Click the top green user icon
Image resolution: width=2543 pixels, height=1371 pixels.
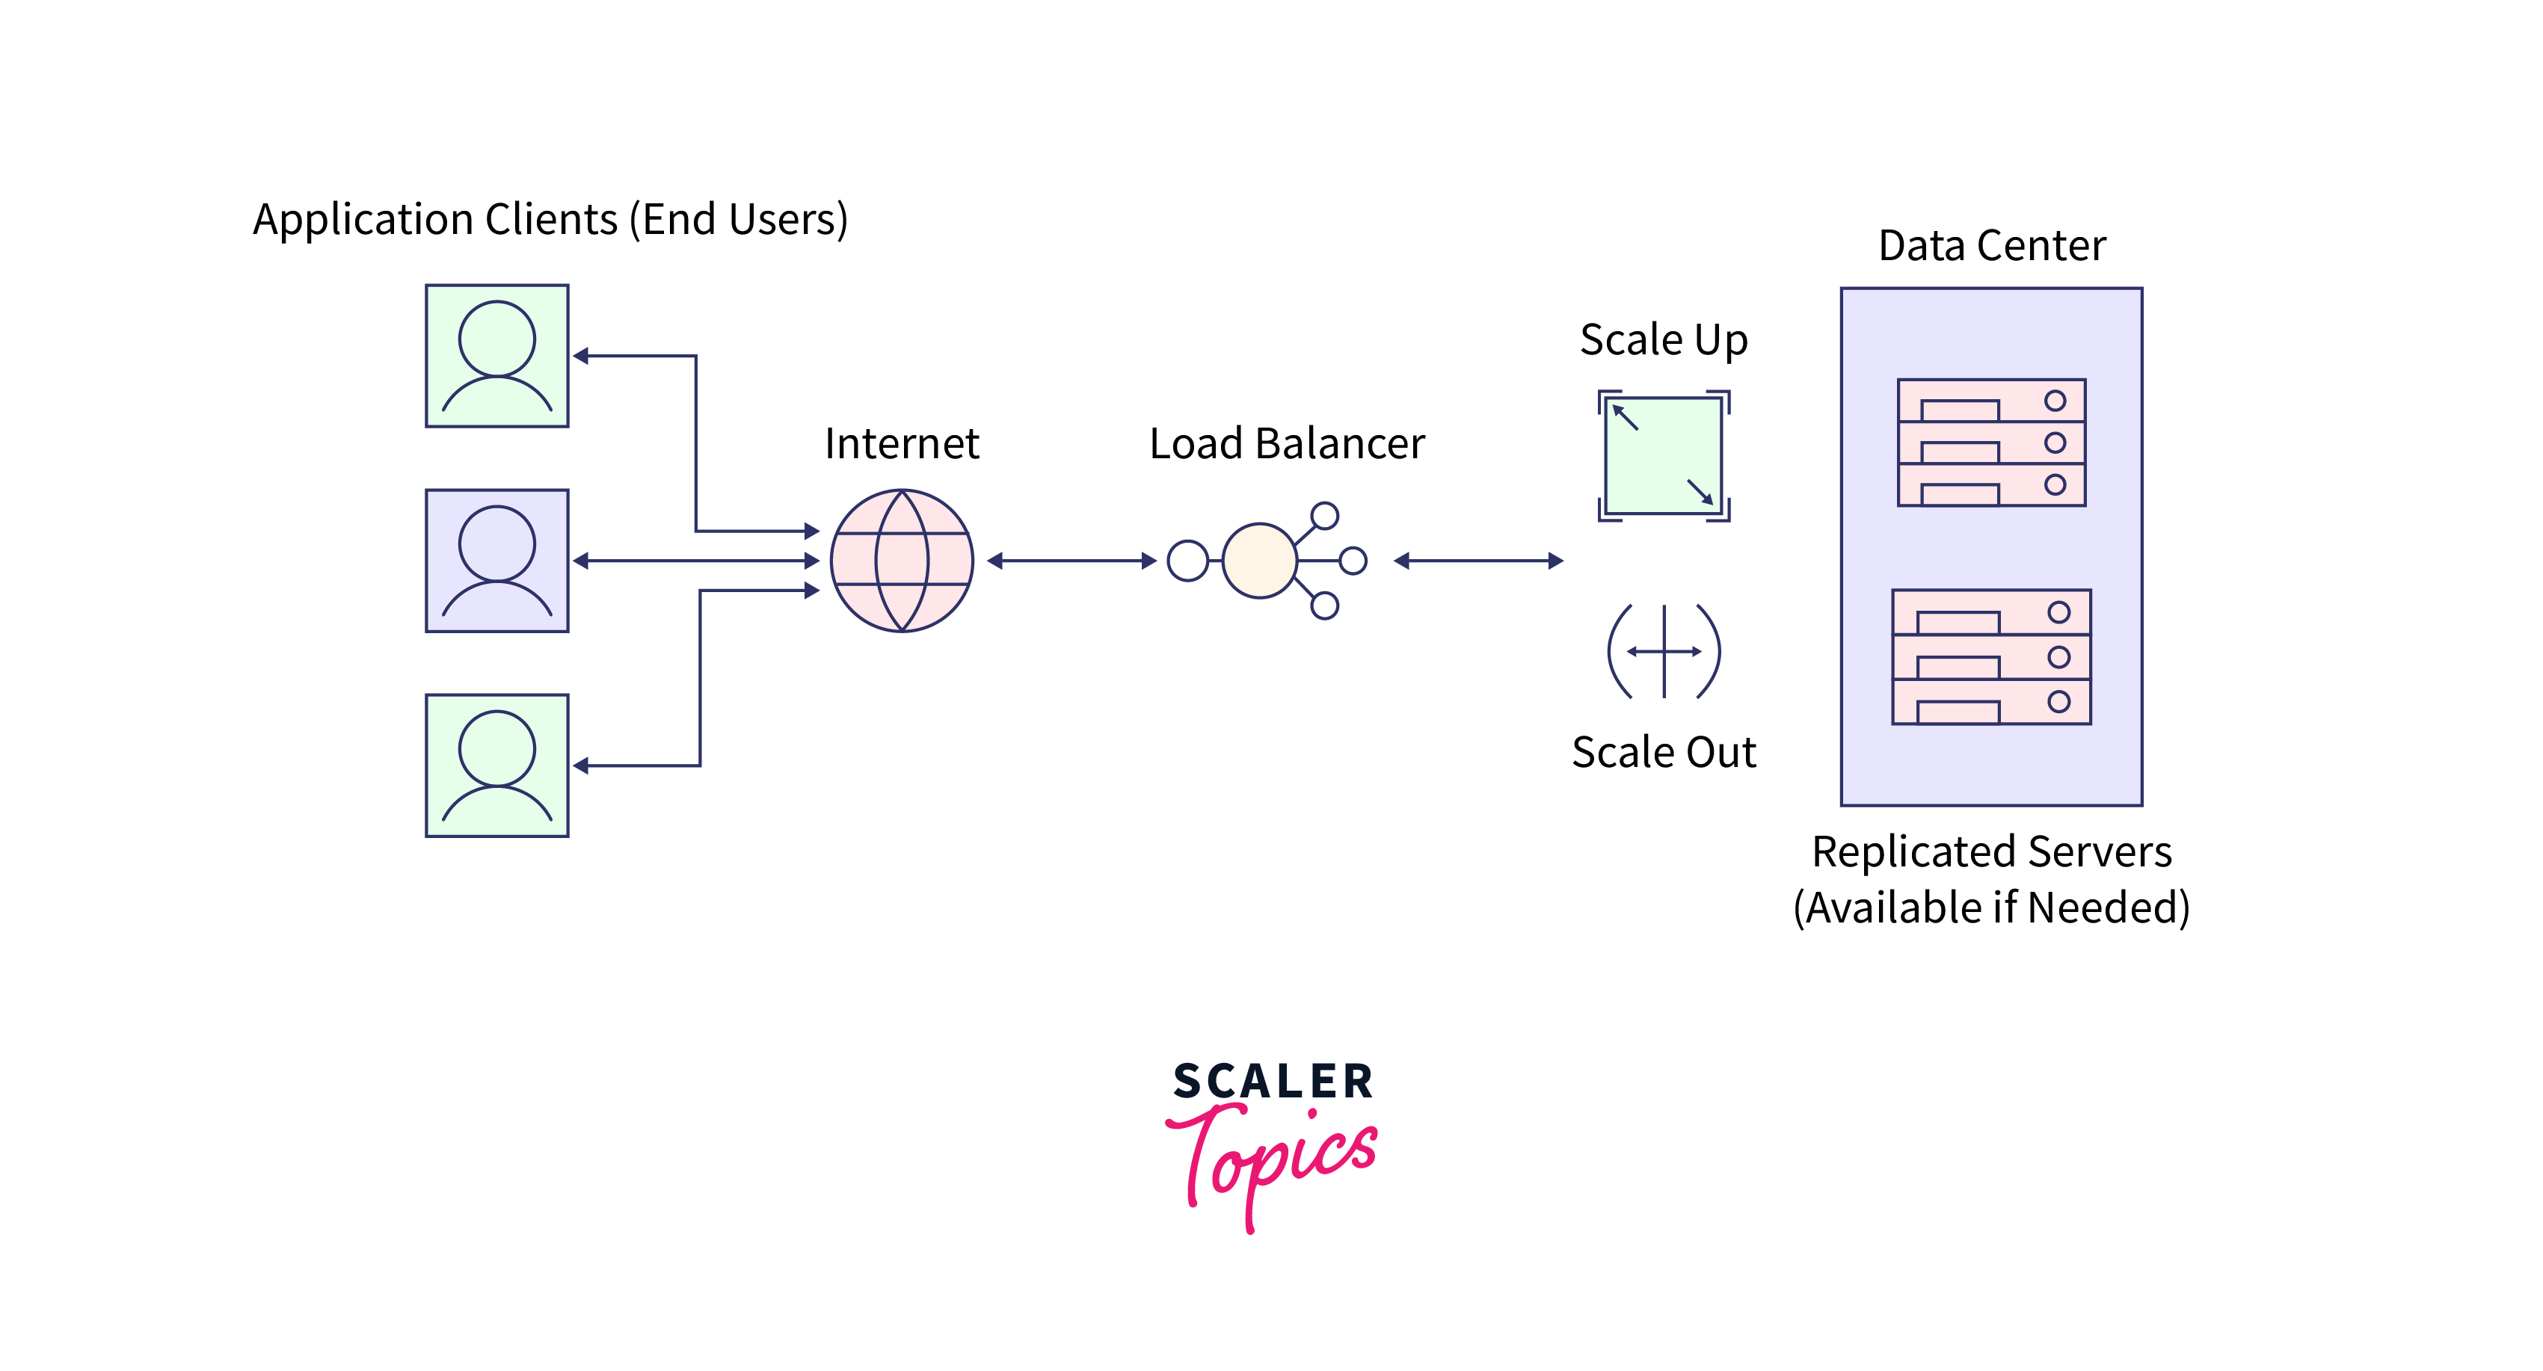(x=496, y=357)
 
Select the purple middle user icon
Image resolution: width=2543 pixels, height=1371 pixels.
(x=496, y=561)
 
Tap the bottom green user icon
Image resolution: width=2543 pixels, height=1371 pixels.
(x=496, y=766)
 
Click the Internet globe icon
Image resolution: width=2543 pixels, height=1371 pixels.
(x=901, y=561)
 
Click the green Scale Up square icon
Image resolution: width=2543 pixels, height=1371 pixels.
(x=1664, y=456)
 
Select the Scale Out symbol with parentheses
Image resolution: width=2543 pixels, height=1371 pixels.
(x=1664, y=651)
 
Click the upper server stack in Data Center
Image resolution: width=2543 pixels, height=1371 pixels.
(x=1991, y=443)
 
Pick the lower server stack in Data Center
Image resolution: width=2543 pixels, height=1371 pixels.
(x=1991, y=657)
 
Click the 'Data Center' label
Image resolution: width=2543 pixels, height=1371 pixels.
(x=1991, y=246)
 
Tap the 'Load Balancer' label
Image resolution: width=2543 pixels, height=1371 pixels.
(x=1286, y=444)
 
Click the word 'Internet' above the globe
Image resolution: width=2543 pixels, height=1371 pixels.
(x=901, y=444)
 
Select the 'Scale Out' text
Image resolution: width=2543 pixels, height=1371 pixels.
(x=1664, y=753)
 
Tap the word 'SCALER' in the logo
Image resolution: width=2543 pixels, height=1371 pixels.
(x=1273, y=1082)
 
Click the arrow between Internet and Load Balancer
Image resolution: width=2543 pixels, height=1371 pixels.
(x=1071, y=561)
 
